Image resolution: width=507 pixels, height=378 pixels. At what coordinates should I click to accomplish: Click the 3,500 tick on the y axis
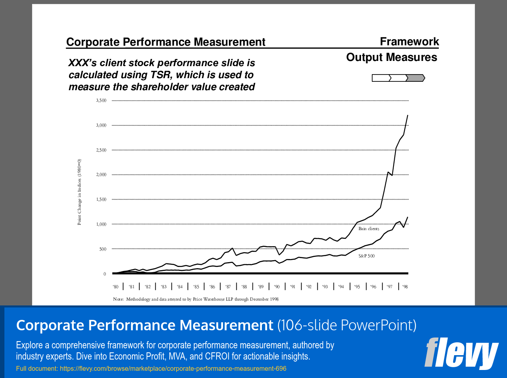point(101,101)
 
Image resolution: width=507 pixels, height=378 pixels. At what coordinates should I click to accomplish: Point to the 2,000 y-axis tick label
point(101,175)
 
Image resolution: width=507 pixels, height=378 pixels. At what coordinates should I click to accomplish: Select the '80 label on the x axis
point(116,287)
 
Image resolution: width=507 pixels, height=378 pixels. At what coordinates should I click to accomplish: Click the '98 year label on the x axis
point(405,287)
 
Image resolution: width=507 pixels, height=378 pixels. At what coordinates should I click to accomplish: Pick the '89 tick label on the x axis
point(260,287)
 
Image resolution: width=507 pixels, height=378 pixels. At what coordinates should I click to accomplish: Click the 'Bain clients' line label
point(369,229)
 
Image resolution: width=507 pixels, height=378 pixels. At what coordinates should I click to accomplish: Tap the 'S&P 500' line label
point(367,256)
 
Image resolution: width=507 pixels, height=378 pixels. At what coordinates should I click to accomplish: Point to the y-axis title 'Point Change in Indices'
point(79,192)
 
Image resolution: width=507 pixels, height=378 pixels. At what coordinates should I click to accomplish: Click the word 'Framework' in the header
point(409,42)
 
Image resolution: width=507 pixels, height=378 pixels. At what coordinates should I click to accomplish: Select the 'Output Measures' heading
point(391,57)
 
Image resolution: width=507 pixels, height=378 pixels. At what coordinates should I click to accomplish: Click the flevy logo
point(461,353)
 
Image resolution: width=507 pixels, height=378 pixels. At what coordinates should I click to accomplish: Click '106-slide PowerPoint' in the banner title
point(347,325)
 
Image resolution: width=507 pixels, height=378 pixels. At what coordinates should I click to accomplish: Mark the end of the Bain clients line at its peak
point(408,115)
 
